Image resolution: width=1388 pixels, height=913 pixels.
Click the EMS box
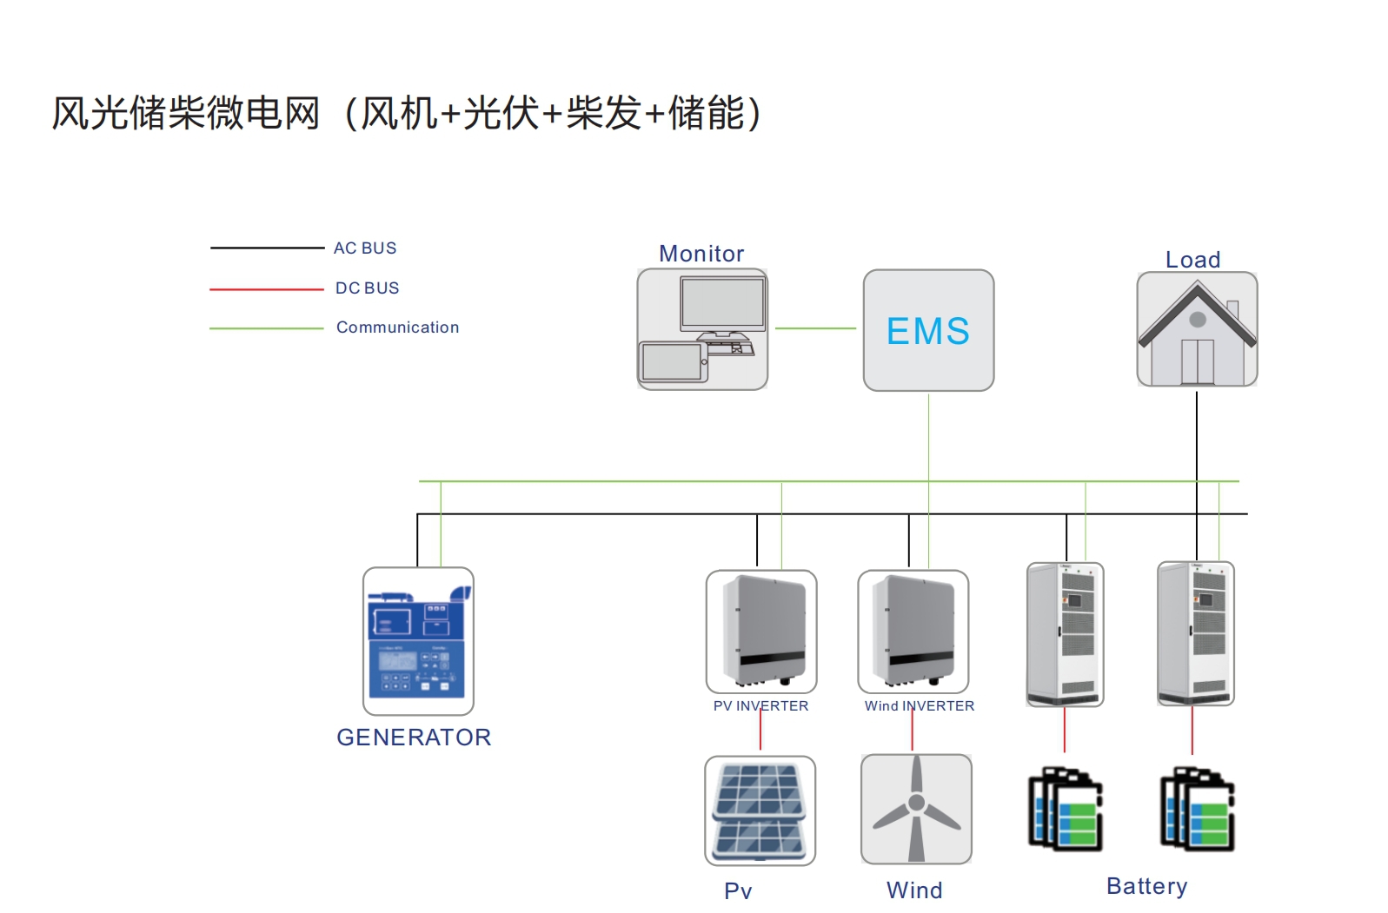(928, 330)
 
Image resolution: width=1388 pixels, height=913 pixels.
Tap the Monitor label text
(701, 254)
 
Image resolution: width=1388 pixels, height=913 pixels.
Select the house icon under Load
(1197, 329)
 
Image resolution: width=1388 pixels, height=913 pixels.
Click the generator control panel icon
(418, 641)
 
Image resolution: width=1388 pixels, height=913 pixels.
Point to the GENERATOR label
(414, 738)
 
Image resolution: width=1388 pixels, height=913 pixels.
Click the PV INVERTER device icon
(761, 632)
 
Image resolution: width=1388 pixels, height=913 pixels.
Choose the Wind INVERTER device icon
(913, 632)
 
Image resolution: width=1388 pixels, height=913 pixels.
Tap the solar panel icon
(760, 810)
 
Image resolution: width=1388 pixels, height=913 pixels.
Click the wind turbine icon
(916, 809)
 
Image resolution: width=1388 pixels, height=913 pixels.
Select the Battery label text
(1146, 886)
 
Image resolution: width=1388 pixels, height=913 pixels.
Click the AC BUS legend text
(365, 248)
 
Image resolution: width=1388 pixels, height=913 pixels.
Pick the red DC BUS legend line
(266, 288)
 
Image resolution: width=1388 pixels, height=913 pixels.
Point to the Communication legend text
(397, 327)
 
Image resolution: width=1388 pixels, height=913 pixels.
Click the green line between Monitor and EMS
(815, 328)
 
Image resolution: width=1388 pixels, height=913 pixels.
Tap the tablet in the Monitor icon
(672, 361)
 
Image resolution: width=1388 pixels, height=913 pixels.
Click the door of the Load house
(1197, 361)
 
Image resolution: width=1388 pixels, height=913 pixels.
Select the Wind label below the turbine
(914, 890)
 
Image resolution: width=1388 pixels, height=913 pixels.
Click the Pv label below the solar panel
(738, 890)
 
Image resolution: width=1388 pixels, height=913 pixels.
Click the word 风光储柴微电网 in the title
(186, 114)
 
